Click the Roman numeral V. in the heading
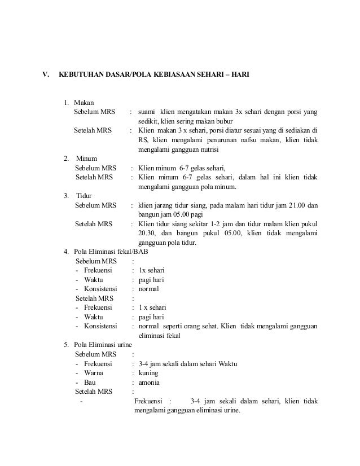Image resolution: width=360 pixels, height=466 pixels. click(47, 74)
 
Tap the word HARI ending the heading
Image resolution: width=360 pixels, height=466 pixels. click(240, 74)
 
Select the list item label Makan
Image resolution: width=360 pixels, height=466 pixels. click(84, 103)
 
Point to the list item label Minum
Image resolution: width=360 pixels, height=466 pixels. click(86, 159)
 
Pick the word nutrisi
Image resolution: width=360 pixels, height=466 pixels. click(208, 150)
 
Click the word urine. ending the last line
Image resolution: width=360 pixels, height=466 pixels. click(229, 410)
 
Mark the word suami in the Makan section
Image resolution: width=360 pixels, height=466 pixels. click(147, 112)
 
